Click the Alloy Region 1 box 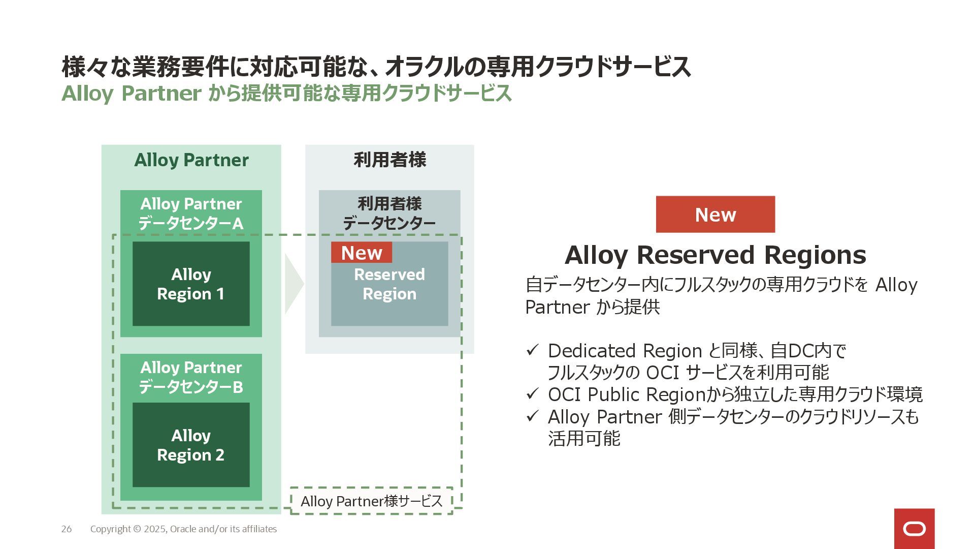[191, 284]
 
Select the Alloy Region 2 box [191, 445]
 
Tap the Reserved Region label [389, 284]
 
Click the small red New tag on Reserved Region [362, 253]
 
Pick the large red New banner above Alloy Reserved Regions [715, 215]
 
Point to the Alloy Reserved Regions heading [715, 255]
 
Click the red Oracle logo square [914, 529]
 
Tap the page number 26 [67, 529]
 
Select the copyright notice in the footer [183, 529]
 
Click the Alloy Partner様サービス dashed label [372, 501]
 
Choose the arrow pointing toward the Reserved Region [294, 284]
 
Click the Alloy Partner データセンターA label [191, 213]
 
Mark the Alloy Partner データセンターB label [191, 377]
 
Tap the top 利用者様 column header [389, 160]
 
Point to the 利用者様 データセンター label [389, 213]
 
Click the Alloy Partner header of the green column [191, 160]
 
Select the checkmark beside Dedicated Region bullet [532, 350]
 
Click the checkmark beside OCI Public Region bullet [532, 394]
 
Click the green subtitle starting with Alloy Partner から [286, 94]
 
